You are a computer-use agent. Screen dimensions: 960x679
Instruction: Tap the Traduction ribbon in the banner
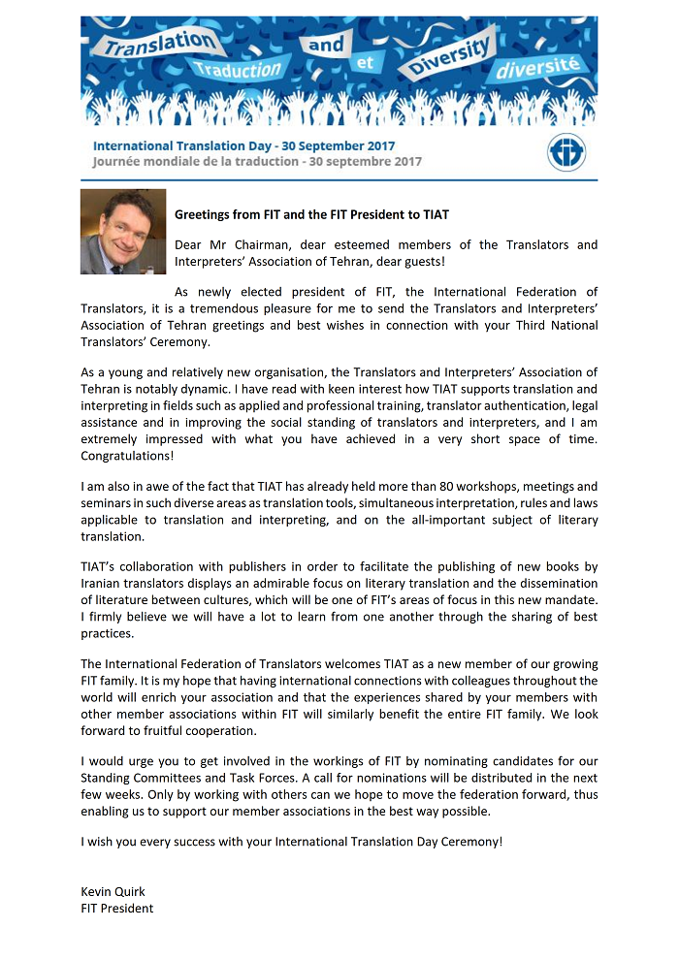pyautogui.click(x=236, y=70)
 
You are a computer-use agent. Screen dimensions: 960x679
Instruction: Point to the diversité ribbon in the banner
pyautogui.click(x=537, y=68)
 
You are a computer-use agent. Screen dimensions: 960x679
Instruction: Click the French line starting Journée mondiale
pyautogui.click(x=257, y=162)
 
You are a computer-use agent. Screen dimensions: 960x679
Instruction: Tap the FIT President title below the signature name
pyautogui.click(x=117, y=908)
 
